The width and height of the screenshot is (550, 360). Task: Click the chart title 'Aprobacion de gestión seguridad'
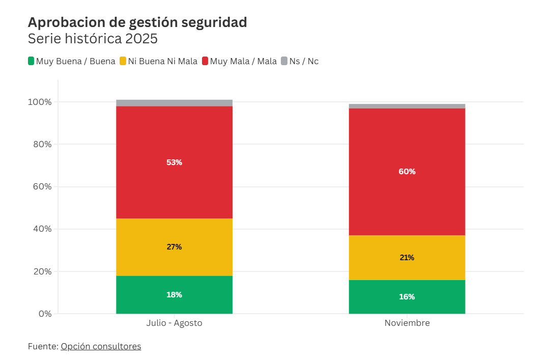[x=137, y=22]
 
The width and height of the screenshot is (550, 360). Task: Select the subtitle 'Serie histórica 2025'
[x=93, y=39]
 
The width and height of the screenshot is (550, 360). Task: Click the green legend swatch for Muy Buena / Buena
[x=31, y=61]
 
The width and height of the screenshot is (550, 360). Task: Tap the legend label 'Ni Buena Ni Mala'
[x=162, y=61]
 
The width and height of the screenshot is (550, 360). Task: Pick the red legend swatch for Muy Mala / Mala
[x=205, y=61]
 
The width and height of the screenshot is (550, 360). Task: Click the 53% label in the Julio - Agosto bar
[x=174, y=162]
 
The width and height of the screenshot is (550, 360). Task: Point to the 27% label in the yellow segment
[x=174, y=247]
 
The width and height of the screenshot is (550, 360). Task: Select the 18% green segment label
[x=174, y=295]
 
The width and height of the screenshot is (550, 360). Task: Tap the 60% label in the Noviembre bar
[x=407, y=172]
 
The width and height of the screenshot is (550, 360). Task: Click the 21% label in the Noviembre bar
[x=407, y=258]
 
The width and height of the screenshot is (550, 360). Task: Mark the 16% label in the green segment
[x=407, y=297]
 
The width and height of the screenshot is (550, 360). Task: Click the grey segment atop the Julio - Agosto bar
[x=174, y=103]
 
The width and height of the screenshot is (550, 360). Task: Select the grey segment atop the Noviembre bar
[x=407, y=106]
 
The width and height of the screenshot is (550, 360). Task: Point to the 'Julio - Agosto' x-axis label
[x=174, y=323]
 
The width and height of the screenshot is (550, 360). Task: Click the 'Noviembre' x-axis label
[x=407, y=323]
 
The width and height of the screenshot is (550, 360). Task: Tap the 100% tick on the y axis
[x=40, y=102]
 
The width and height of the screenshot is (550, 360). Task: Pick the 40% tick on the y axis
[x=41, y=229]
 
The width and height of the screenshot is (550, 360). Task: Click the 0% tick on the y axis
[x=45, y=314]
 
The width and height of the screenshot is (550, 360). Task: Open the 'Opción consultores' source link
[x=101, y=346]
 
